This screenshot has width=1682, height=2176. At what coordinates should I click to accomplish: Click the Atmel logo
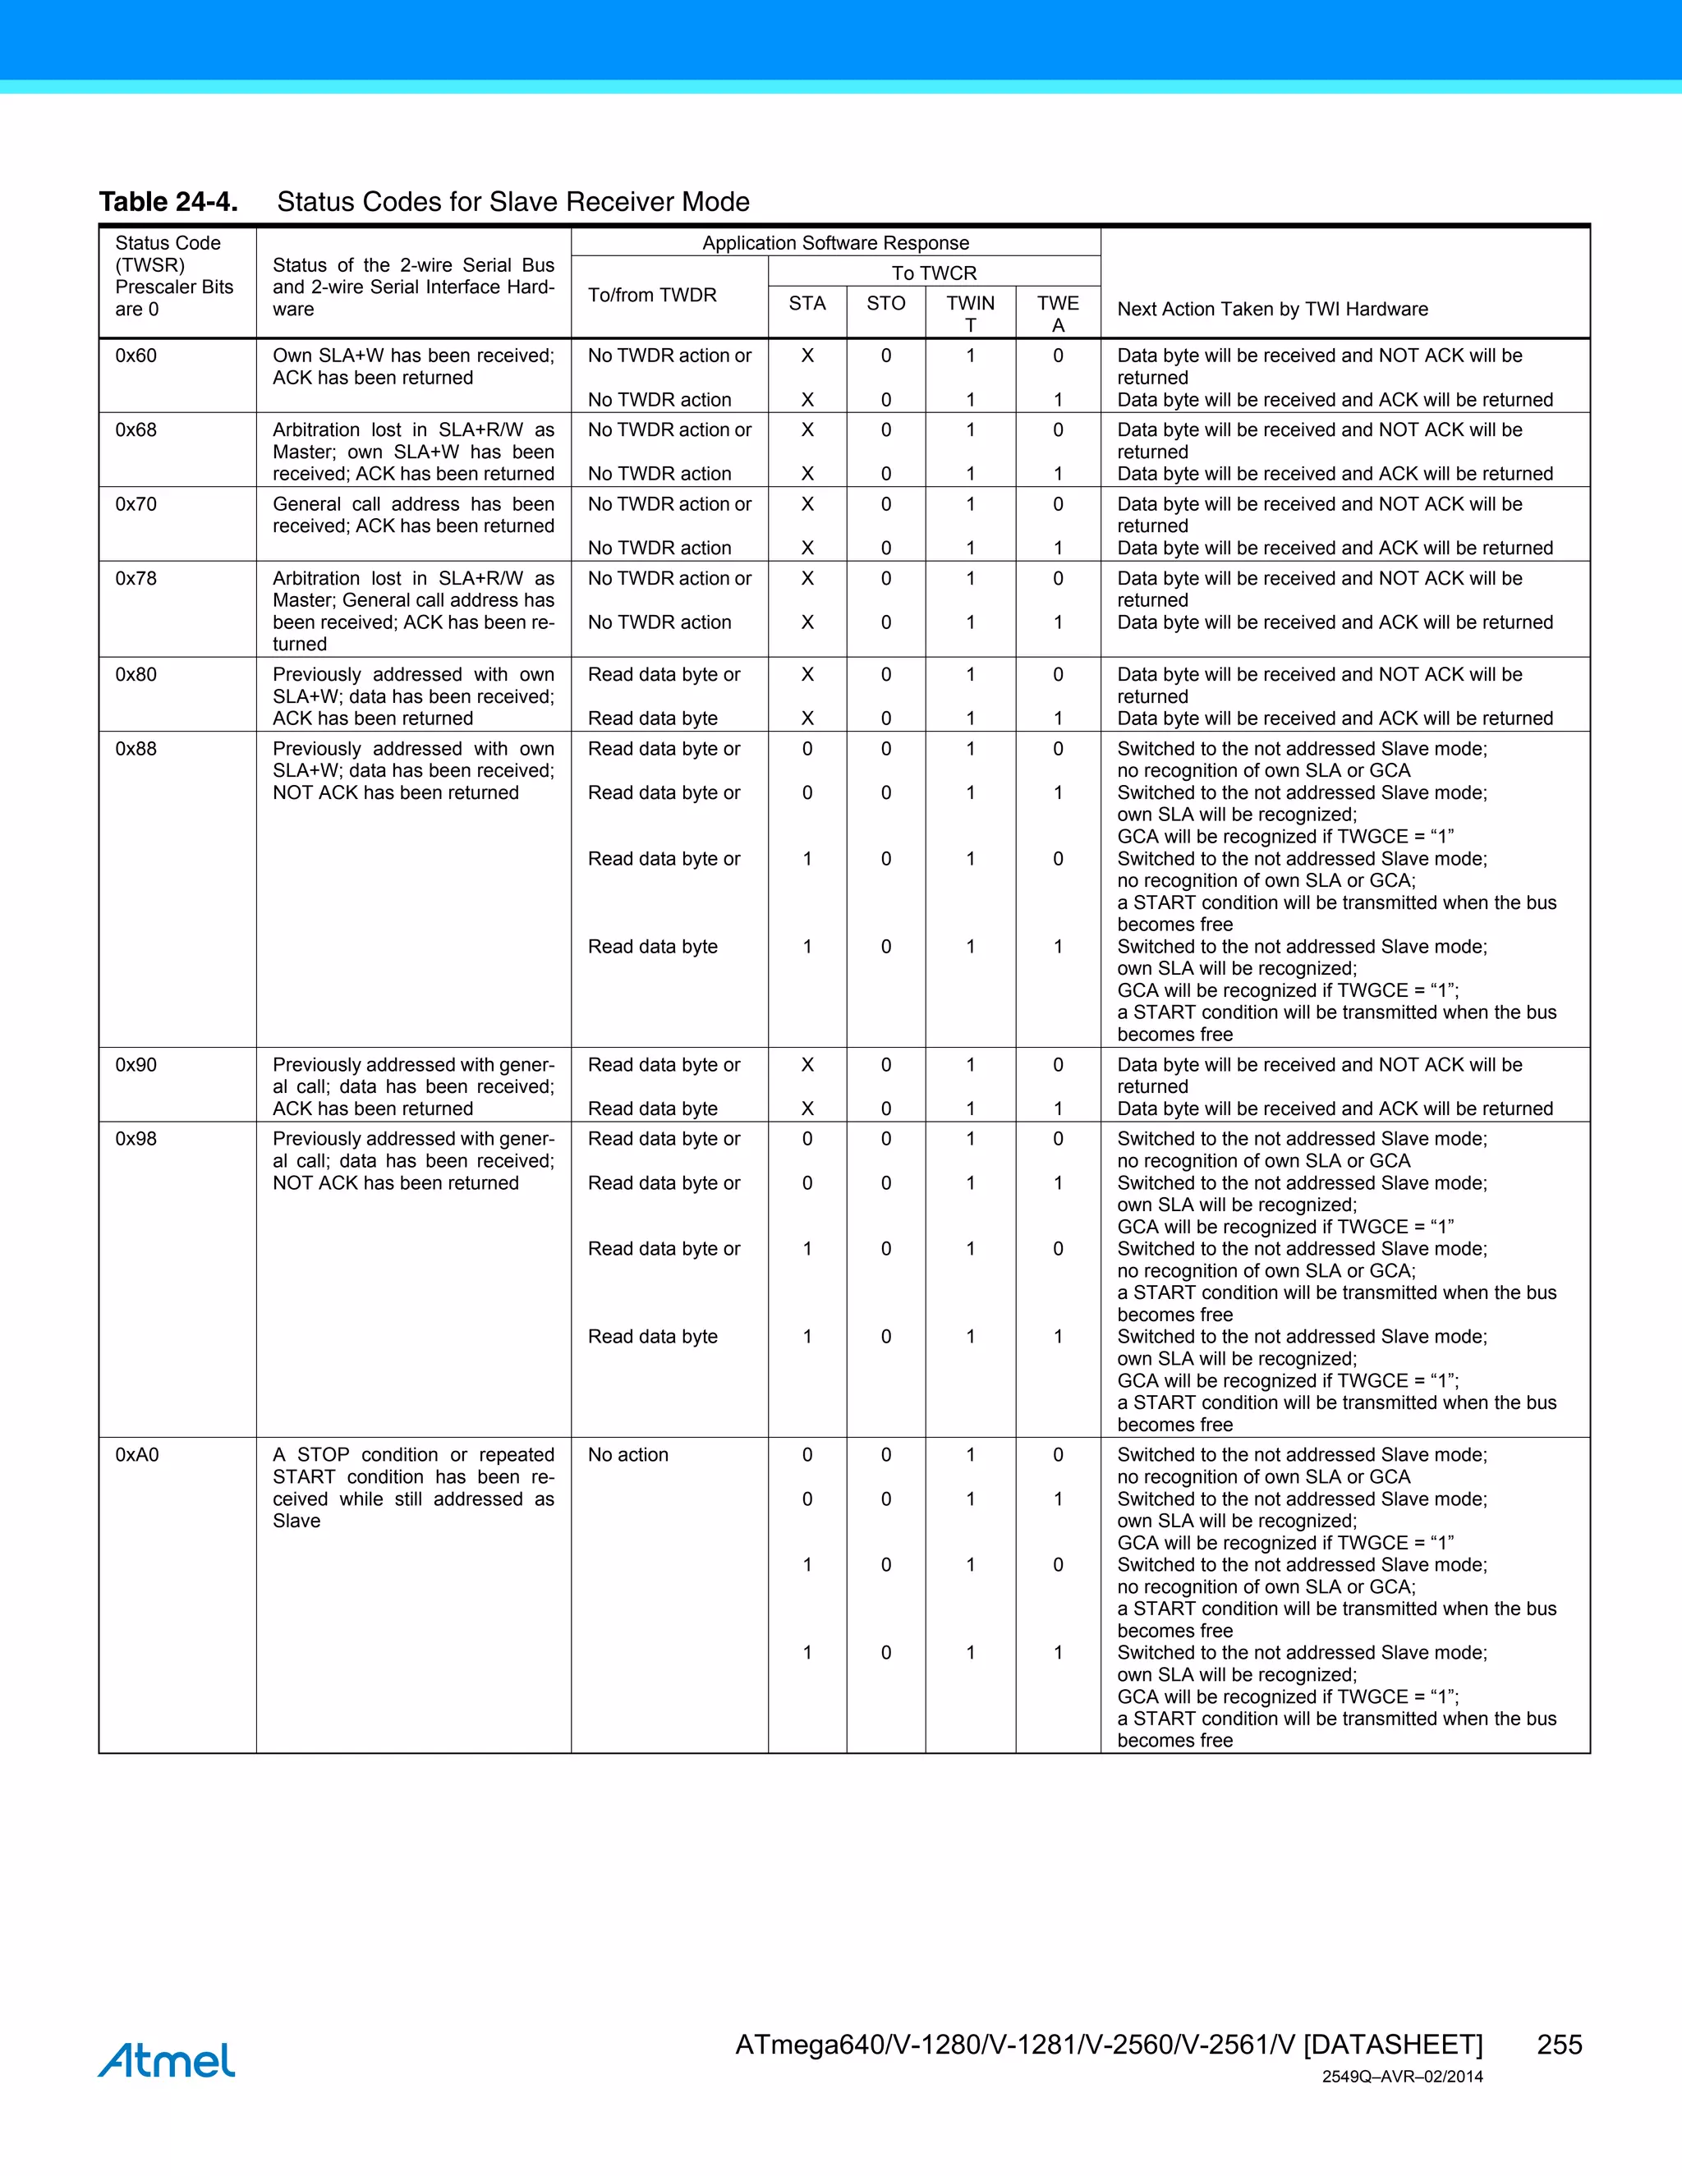tap(167, 2060)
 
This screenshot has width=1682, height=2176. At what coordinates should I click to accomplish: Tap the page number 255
tap(1559, 2045)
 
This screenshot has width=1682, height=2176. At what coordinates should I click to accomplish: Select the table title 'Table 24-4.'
tap(168, 202)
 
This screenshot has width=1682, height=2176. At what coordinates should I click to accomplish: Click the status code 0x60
tap(136, 356)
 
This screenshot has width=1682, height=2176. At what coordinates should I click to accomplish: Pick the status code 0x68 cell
tap(136, 429)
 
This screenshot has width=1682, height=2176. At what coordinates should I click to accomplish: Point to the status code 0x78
tap(136, 578)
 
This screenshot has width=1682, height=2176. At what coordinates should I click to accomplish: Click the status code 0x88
tap(136, 748)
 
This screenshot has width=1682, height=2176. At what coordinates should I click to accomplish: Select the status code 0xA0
tap(137, 1455)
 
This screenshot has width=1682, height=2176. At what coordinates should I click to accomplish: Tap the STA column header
tap(807, 304)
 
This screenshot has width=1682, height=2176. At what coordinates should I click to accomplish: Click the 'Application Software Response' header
tap(835, 243)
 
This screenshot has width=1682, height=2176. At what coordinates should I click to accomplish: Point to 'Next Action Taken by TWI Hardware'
tap(1272, 309)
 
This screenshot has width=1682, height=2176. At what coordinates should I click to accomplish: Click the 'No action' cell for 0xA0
tap(627, 1455)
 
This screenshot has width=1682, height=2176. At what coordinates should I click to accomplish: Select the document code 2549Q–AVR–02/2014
tap(1402, 2077)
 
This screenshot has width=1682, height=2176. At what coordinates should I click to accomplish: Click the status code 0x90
tap(136, 1064)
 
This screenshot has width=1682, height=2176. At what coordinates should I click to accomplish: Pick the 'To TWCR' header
tap(934, 273)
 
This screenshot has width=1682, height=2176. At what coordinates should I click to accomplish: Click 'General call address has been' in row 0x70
tap(412, 504)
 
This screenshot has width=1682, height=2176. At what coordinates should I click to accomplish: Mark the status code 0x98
tap(136, 1139)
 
